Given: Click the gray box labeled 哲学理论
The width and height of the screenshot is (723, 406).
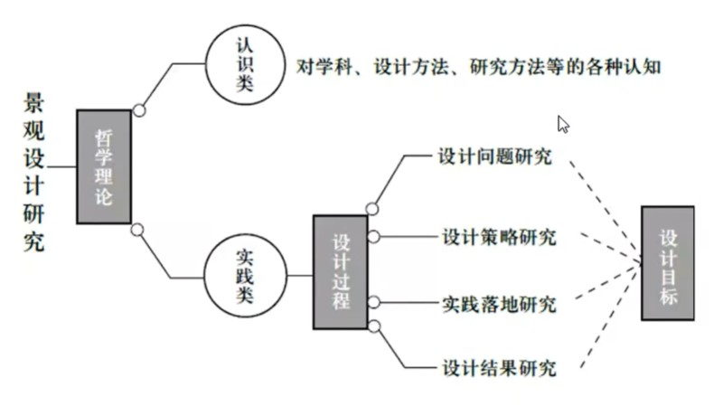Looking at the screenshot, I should (x=104, y=166).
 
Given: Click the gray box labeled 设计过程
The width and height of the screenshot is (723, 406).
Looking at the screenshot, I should (x=341, y=271).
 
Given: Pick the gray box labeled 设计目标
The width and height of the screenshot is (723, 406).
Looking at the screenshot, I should (x=669, y=262).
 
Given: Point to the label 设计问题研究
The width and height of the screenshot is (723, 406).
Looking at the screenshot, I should (x=493, y=156).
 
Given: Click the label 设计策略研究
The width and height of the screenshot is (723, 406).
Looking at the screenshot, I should (x=499, y=238).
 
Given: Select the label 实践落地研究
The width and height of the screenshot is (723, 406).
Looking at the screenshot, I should (x=499, y=302).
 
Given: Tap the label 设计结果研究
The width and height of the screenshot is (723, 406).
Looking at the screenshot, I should (x=499, y=367).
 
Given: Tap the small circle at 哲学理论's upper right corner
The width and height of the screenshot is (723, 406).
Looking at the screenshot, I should (x=138, y=111).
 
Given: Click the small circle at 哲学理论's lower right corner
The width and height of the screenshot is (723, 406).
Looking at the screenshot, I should (x=136, y=229).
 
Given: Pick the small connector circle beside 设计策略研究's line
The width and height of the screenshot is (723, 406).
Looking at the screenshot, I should (x=373, y=238).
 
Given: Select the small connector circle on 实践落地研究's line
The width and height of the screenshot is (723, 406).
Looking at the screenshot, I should (x=373, y=303).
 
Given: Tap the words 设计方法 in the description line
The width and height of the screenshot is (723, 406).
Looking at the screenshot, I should (x=416, y=67).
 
